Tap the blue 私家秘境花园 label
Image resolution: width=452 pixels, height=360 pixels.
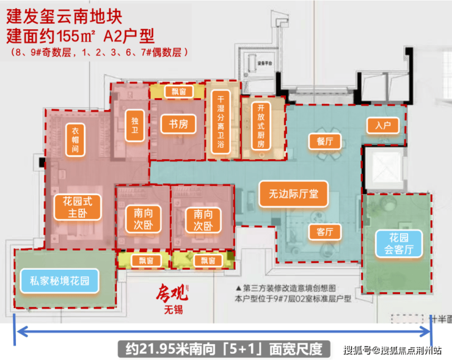click(59, 281)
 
